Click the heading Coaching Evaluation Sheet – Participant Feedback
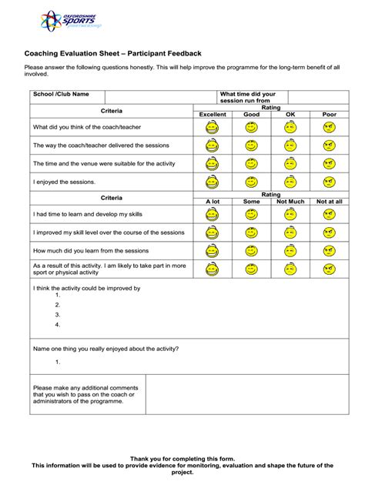pyautogui.click(x=113, y=54)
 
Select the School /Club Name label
pyautogui.click(x=61, y=94)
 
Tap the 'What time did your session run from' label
pyautogui.click(x=247, y=97)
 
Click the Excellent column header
pyautogui.click(x=213, y=115)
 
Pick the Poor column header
pyautogui.click(x=330, y=115)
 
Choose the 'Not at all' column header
pyautogui.click(x=330, y=202)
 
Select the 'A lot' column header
pyautogui.click(x=213, y=202)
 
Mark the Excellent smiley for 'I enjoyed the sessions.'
pyautogui.click(x=213, y=182)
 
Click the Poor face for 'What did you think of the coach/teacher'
pyautogui.click(x=330, y=127)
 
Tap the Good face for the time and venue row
pyautogui.click(x=251, y=164)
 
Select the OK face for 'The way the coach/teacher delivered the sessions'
pyautogui.click(x=290, y=145)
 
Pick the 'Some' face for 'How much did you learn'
pyautogui.click(x=251, y=251)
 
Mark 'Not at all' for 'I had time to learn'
pyautogui.click(x=330, y=214)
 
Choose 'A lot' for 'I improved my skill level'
pyautogui.click(x=213, y=232)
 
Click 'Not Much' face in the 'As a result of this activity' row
pyautogui.click(x=290, y=269)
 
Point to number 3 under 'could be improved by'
pyautogui.click(x=58, y=315)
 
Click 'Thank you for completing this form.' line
pyautogui.click(x=182, y=459)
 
